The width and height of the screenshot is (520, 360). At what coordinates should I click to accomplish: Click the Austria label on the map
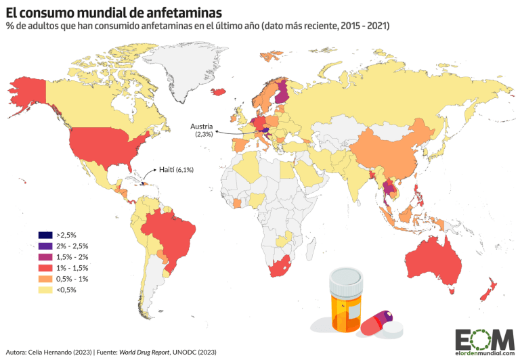pos(202,127)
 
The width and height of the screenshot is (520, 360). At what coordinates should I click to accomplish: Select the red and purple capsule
pos(376,323)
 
